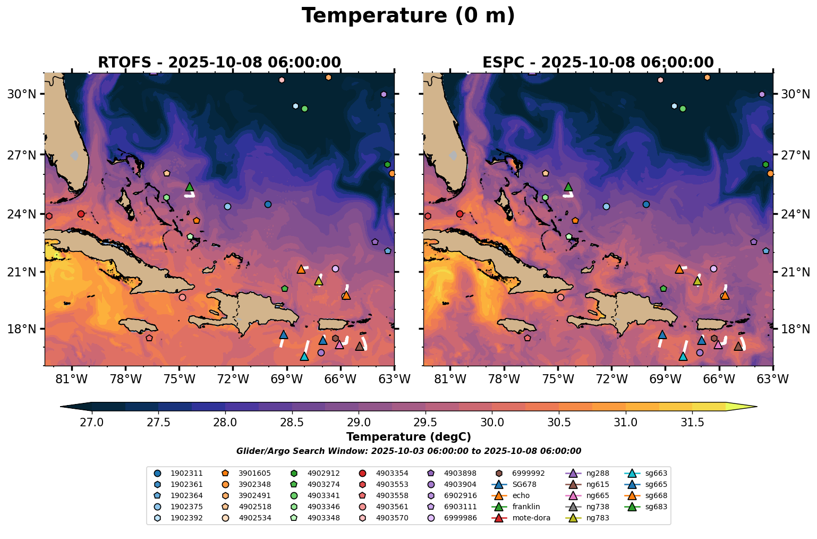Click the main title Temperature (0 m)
408,16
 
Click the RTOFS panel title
219,63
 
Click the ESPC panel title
598,63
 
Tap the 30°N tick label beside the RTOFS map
22,95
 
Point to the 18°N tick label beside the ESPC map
795,329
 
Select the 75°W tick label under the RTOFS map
180,379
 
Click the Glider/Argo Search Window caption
408,451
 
